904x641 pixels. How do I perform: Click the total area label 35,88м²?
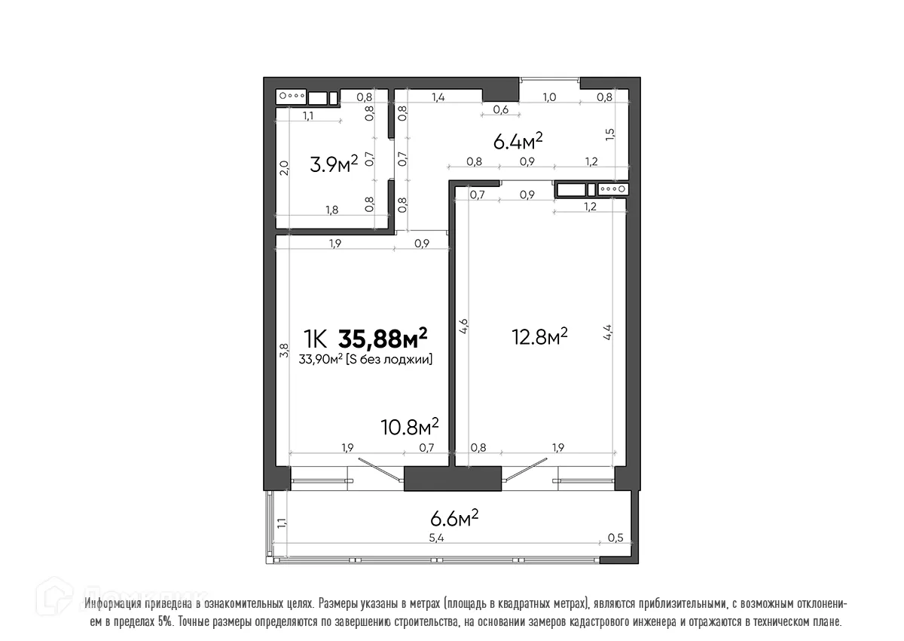383,336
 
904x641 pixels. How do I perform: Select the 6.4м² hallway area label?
518,141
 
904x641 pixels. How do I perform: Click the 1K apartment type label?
316,337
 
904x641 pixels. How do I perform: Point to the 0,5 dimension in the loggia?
615,538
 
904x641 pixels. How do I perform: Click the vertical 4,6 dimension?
465,327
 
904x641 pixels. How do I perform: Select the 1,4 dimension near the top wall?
438,97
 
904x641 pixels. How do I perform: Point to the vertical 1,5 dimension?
610,133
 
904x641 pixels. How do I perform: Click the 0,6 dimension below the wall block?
500,110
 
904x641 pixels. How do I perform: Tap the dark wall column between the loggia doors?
453,479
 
